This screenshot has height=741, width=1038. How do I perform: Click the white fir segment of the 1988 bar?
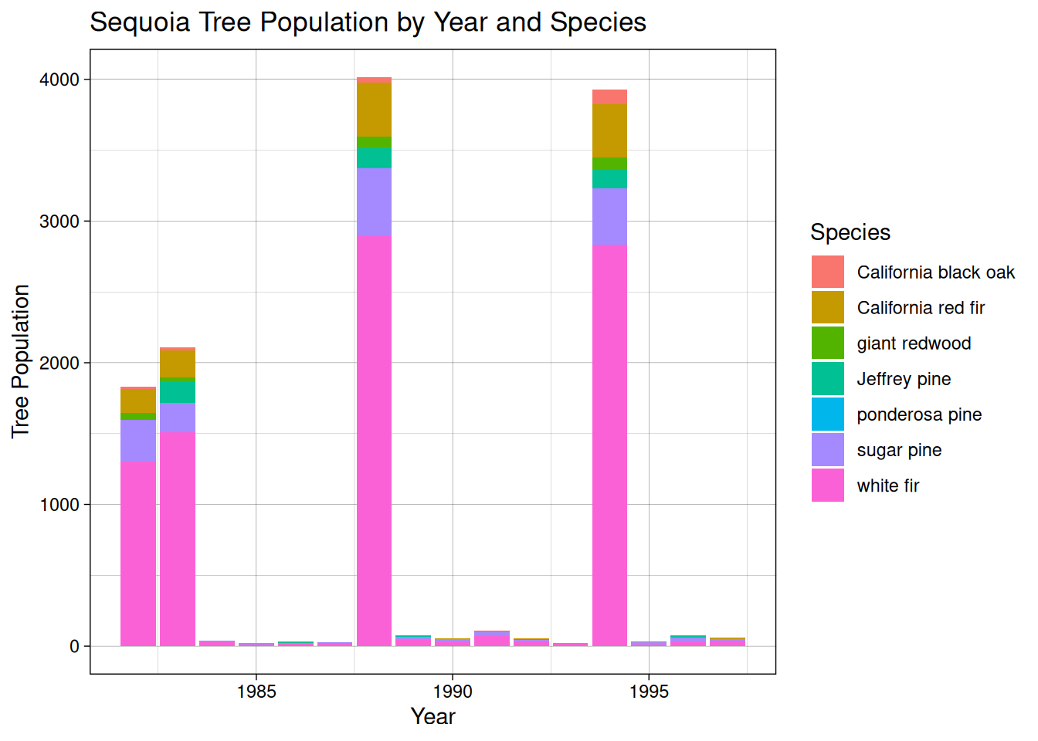374,440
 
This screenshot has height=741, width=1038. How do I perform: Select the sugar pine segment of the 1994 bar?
609,216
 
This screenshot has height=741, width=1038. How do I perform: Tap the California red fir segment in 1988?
374,110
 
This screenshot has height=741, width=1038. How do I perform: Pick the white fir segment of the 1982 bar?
138,553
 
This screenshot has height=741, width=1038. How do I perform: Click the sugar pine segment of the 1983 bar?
178,417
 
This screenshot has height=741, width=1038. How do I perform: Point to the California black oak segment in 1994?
609,97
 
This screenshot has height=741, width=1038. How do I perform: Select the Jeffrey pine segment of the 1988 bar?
374,158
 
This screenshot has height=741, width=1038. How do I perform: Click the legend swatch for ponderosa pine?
827,414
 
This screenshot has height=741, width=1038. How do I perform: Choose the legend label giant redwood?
914,343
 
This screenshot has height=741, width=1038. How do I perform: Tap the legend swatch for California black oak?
827,272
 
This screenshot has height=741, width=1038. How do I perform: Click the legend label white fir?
888,486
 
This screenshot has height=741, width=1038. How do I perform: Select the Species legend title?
850,232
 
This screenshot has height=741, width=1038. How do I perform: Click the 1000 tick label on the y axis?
59,505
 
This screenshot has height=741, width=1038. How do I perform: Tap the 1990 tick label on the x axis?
453,692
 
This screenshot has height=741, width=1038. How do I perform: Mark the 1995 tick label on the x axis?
649,692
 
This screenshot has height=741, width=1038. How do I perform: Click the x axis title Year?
432,717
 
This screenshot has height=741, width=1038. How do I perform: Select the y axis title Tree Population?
21,361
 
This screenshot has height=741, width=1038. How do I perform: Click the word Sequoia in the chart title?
140,22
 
